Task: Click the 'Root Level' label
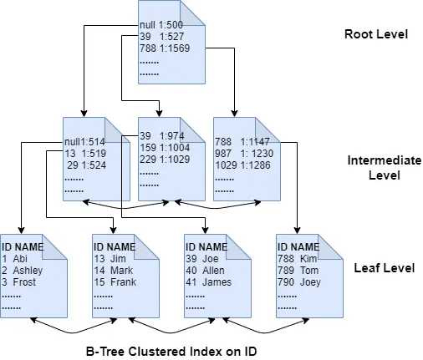tap(375, 35)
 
